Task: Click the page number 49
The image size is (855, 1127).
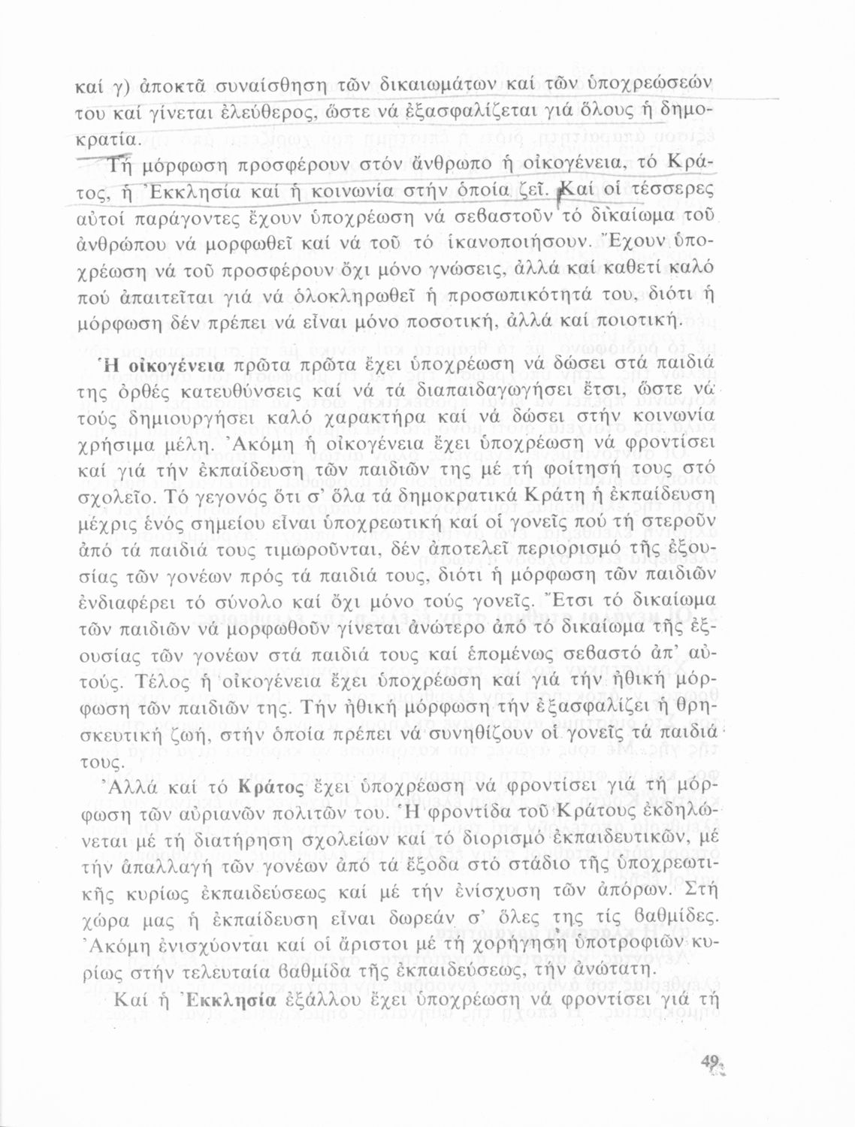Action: pyautogui.click(x=708, y=1062)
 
